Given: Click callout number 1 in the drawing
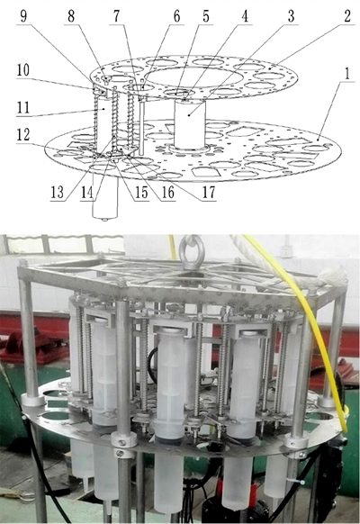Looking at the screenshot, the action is [347, 74].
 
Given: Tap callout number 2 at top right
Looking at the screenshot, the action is [347, 15].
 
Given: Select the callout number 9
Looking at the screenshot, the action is [23, 15].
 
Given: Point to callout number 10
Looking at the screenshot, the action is [23, 70].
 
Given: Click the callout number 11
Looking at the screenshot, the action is [23, 108].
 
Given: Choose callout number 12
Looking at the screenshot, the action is [23, 134].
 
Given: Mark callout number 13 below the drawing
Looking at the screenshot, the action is [57, 192].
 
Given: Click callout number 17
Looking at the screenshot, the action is [209, 192].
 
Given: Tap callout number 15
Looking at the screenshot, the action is [141, 192].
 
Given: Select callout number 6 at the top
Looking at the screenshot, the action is [177, 15].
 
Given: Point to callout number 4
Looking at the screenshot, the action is [245, 15].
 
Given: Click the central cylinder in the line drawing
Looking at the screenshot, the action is [189, 124].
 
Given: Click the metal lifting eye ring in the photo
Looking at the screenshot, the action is [191, 252].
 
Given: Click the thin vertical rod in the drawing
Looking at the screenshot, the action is [141, 128].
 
